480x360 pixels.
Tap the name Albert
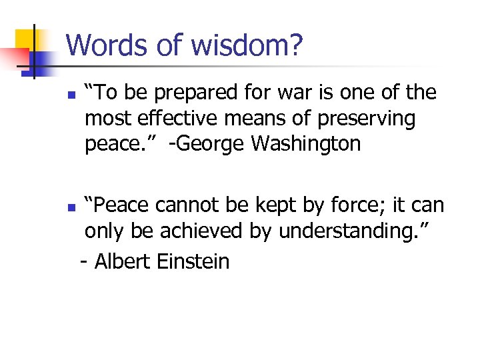[x=125, y=261]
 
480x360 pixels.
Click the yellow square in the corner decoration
[x=25, y=39]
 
